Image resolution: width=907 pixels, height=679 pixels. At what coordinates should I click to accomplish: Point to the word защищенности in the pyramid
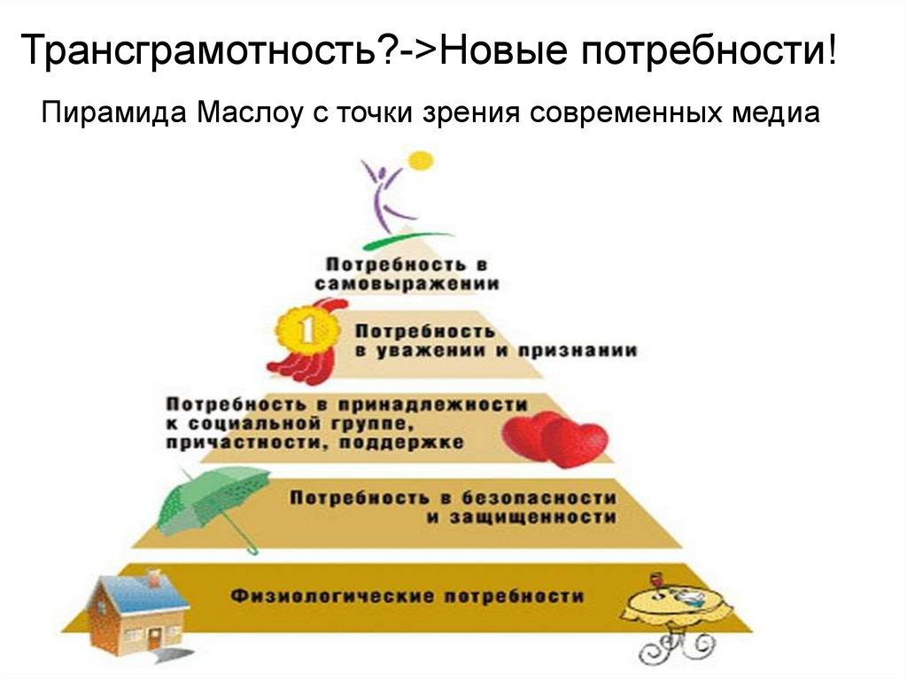(x=520, y=517)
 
